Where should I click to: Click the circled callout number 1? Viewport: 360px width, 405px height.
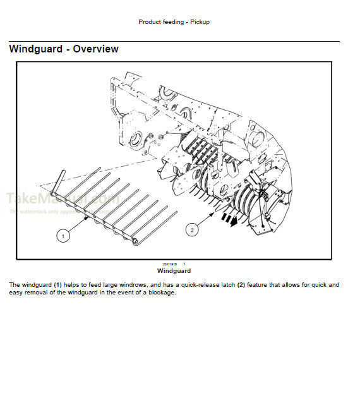click(x=62, y=236)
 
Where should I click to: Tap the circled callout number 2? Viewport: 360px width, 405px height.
click(x=191, y=229)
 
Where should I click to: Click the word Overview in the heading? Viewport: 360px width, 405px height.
click(x=95, y=49)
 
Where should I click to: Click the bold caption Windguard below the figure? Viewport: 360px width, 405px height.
click(x=173, y=271)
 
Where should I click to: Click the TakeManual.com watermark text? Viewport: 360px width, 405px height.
click(x=62, y=200)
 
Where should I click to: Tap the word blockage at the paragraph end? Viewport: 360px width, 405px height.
click(x=160, y=293)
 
